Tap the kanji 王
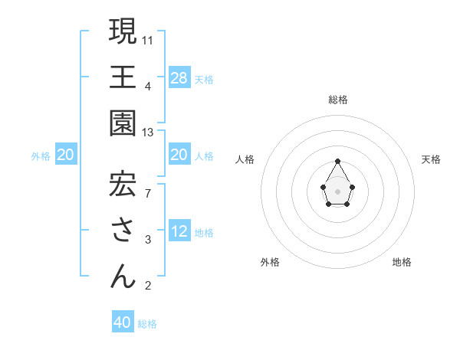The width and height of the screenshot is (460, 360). tap(123, 77)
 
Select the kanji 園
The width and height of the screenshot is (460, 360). tap(123, 123)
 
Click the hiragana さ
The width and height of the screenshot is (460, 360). tap(123, 231)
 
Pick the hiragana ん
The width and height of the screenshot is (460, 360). tap(123, 277)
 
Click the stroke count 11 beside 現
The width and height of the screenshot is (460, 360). tap(149, 39)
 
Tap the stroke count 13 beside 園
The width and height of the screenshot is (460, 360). tap(149, 133)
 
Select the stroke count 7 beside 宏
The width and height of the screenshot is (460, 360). tap(147, 192)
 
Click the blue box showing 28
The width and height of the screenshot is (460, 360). tap(179, 77)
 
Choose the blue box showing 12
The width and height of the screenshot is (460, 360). tap(179, 232)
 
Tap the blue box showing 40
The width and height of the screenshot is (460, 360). tap(123, 322)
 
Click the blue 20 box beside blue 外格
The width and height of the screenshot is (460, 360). tap(66, 155)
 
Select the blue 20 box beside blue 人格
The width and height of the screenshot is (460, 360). tap(179, 155)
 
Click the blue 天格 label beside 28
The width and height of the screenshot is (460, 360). tap(204, 79)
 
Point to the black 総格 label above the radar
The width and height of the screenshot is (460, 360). tap(338, 100)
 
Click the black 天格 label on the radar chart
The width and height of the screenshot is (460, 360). tap(431, 159)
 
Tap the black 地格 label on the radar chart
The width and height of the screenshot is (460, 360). tap(402, 262)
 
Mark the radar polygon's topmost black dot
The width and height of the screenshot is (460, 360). tap(338, 161)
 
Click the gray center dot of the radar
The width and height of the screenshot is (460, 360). tap(338, 191)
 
